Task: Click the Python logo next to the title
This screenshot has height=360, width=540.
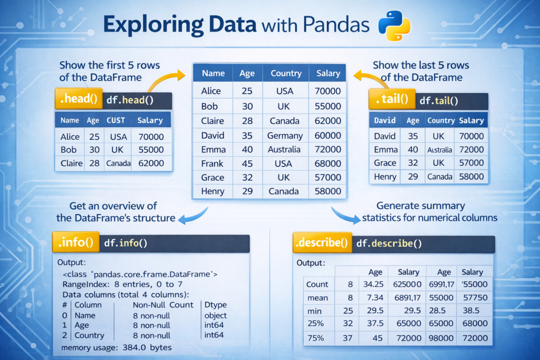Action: pos(394,26)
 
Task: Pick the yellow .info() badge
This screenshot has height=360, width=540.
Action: pos(76,243)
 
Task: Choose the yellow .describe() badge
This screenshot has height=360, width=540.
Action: pos(322,243)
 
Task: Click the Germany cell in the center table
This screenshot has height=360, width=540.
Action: pos(285,135)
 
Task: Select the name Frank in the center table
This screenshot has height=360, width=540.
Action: pos(212,163)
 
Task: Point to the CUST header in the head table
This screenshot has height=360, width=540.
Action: pos(115,120)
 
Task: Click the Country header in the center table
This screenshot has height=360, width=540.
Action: pos(286,73)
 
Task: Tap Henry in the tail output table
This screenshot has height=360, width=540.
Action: pos(385,177)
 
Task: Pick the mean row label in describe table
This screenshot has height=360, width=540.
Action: pos(317,298)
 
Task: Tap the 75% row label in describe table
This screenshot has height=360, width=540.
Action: pos(317,338)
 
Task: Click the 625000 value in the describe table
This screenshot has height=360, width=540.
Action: pos(408,284)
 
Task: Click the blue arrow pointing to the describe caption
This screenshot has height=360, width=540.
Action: pos(345,216)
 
